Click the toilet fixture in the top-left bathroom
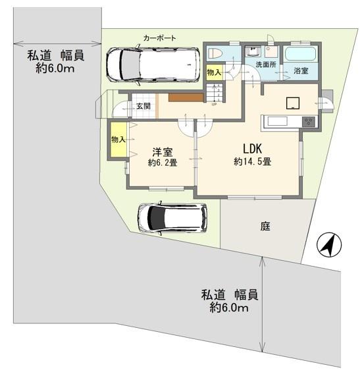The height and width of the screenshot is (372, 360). (x=215, y=53)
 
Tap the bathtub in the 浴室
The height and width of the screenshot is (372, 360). (x=300, y=54)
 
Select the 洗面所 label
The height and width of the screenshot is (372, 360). (x=266, y=65)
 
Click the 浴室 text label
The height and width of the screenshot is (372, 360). (x=301, y=70)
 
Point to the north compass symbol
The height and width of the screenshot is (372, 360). (x=329, y=245)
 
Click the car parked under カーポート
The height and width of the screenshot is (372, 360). (x=153, y=65)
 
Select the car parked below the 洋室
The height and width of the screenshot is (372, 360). (x=172, y=218)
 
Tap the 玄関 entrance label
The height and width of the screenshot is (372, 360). (x=143, y=106)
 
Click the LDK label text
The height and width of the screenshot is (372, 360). (x=252, y=149)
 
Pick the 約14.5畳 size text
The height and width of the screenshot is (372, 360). (x=253, y=162)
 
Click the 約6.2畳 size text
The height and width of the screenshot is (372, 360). (x=163, y=163)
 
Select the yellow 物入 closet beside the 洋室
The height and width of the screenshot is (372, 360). (x=118, y=140)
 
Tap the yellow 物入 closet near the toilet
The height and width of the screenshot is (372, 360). (x=214, y=72)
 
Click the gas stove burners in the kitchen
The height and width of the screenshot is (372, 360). (x=309, y=122)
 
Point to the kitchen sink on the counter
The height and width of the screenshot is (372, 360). (x=277, y=121)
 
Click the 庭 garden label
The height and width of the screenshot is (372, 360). (x=265, y=226)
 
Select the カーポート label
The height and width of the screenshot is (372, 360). (x=160, y=38)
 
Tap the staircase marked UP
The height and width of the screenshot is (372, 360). (x=215, y=93)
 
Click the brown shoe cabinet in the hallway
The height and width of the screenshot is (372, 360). (x=186, y=97)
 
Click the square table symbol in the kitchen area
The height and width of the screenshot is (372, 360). (x=293, y=103)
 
